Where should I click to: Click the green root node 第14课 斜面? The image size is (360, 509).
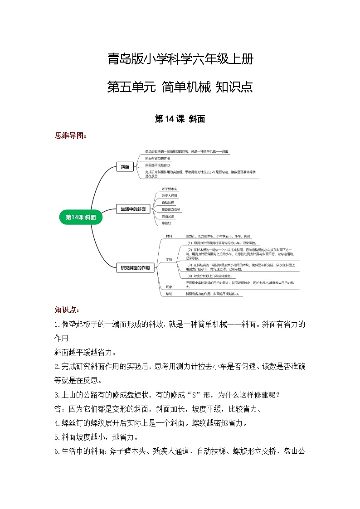pyautogui.click(x=81, y=217)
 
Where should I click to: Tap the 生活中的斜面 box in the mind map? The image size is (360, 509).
pyautogui.click(x=133, y=209)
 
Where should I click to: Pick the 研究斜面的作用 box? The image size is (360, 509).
pyautogui.click(x=135, y=268)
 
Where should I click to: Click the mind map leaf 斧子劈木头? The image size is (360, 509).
pyautogui.click(x=169, y=189)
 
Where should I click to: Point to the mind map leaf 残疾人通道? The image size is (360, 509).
pyautogui.click(x=170, y=195)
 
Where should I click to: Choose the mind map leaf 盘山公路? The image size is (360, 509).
pyautogui.click(x=168, y=217)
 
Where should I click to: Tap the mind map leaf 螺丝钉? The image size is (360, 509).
pyautogui.click(x=166, y=223)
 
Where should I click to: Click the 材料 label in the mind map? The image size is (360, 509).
pyautogui.click(x=169, y=237)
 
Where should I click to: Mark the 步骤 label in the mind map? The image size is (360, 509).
pyautogui.click(x=169, y=259)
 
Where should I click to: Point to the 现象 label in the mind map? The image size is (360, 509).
pyautogui.click(x=169, y=287)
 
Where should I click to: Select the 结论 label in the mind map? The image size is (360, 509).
pyautogui.click(x=169, y=294)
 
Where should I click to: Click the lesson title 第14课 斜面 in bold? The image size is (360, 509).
pyautogui.click(x=180, y=119)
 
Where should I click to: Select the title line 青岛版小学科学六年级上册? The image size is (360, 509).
pyautogui.click(x=180, y=59)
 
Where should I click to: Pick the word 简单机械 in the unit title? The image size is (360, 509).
pyautogui.click(x=186, y=86)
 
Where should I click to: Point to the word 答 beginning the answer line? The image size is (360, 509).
pyautogui.click(x=58, y=409)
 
